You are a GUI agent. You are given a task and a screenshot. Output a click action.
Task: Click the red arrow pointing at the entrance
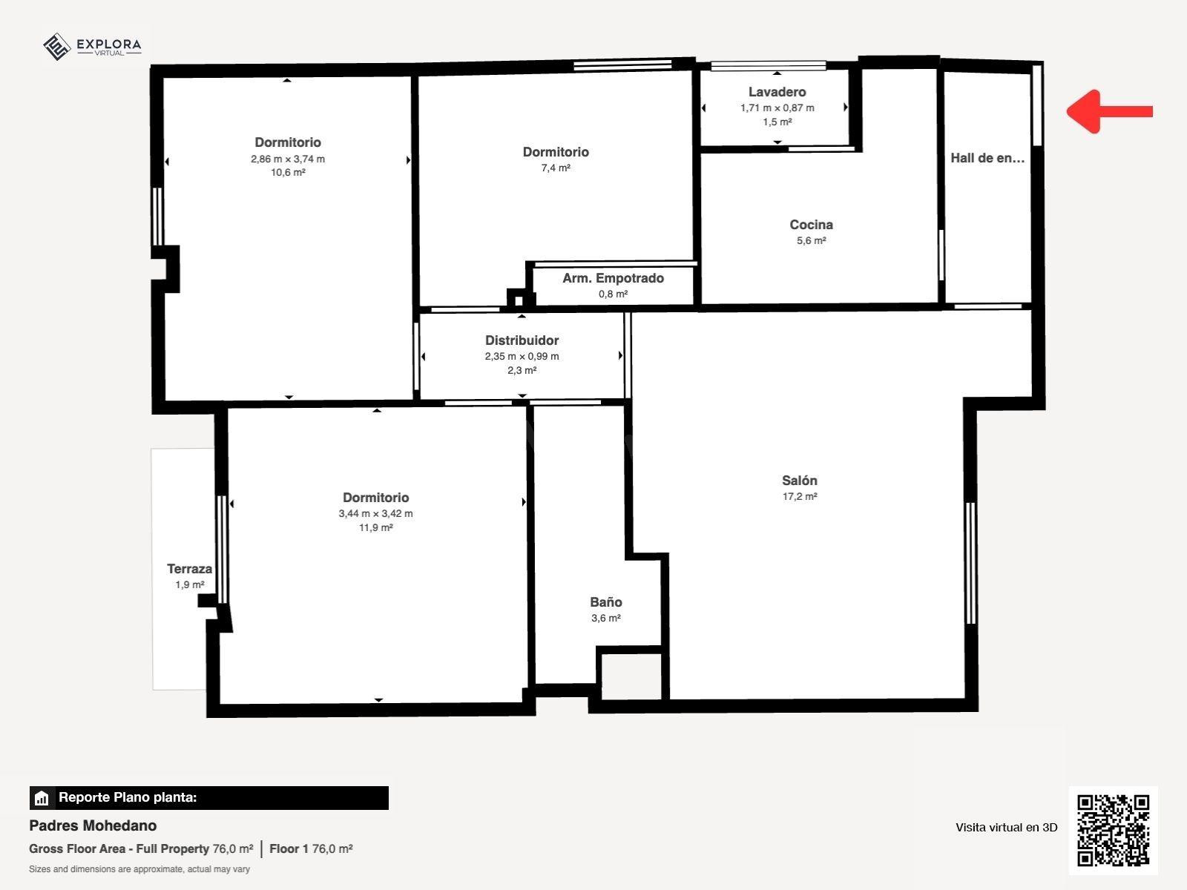point(1109,111)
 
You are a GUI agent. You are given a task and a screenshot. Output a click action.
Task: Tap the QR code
point(1113,830)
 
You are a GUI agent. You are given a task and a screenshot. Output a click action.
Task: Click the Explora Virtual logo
point(92,47)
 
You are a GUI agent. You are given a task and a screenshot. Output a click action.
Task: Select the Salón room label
point(799,481)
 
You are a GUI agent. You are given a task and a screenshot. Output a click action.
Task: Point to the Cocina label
point(811,225)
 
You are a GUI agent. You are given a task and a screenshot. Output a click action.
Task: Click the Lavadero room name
point(777,92)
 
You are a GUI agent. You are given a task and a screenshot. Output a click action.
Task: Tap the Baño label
point(605,602)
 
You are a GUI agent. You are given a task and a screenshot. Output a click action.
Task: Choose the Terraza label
point(189,569)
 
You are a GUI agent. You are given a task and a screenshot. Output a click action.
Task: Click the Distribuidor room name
point(522,340)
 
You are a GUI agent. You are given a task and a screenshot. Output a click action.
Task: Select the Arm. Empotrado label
point(614,278)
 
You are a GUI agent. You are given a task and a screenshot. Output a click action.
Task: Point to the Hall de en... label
point(987,158)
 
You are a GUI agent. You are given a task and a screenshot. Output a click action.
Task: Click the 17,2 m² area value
point(800,497)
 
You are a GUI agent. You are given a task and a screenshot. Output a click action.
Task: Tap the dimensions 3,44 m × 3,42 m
point(376,514)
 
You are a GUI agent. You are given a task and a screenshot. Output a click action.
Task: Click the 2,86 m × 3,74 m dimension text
point(288,159)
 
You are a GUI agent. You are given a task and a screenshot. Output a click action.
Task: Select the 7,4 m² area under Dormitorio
point(556,168)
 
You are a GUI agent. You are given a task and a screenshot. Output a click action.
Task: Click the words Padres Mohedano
point(93,825)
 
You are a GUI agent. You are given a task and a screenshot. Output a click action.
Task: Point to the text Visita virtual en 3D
point(1007,827)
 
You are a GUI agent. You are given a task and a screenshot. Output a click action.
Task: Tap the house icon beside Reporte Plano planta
point(42,798)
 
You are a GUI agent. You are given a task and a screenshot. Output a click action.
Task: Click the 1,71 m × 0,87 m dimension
point(777,108)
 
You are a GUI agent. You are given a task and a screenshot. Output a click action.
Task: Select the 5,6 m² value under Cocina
point(811,241)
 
